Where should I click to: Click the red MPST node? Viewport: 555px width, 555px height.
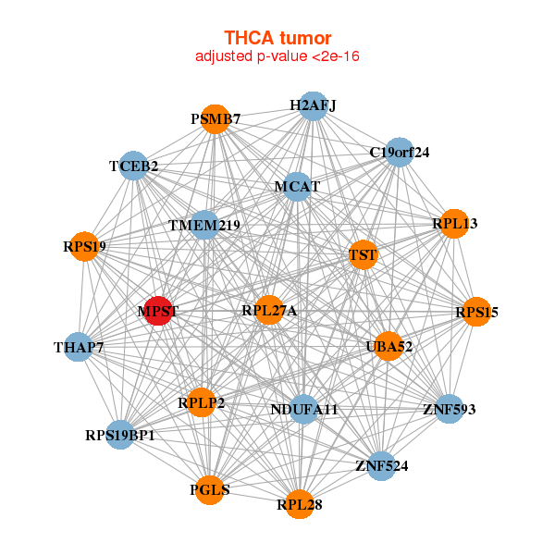158,312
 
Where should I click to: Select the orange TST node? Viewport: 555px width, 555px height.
363,254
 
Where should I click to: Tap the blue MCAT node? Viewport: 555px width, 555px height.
297,187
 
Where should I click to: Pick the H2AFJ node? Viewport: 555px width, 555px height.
313,105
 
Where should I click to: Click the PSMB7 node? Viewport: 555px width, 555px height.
216,119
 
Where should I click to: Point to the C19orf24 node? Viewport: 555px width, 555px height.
399,152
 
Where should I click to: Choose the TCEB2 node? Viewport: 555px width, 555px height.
134,166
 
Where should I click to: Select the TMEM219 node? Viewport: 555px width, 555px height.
204,226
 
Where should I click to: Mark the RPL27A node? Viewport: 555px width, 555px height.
269,311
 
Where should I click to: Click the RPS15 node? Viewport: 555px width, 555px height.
476,313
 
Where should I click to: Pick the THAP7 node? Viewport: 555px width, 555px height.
79,348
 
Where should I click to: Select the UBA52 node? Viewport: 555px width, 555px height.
388,347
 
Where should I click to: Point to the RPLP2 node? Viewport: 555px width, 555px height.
202,402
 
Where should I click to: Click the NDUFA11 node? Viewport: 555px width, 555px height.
304,409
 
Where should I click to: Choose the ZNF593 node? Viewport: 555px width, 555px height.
449,409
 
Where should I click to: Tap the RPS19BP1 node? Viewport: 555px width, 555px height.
120,434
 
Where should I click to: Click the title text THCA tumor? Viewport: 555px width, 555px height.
277,38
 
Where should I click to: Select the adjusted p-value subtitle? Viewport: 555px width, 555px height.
277,56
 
